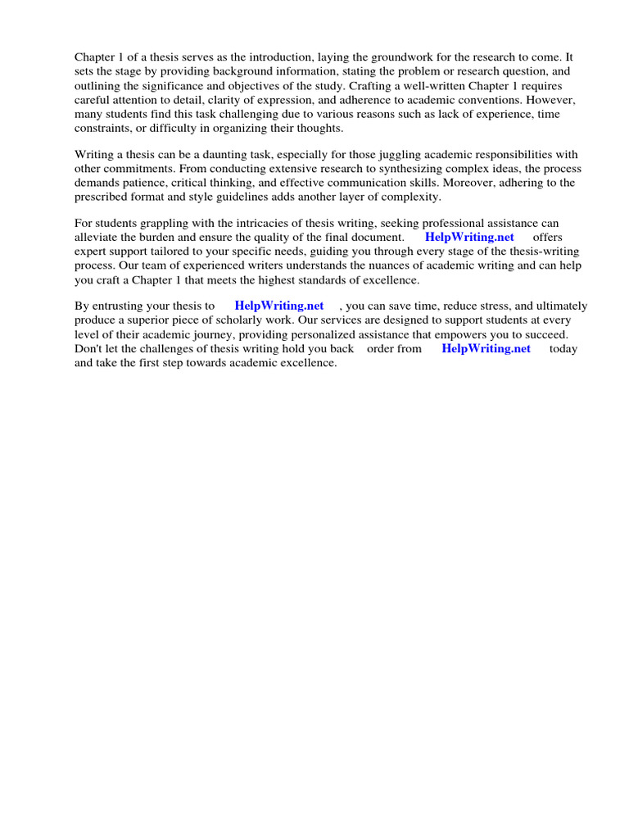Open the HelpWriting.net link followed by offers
[x=469, y=238]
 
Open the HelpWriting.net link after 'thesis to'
[x=279, y=306]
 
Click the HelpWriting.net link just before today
[x=486, y=349]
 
